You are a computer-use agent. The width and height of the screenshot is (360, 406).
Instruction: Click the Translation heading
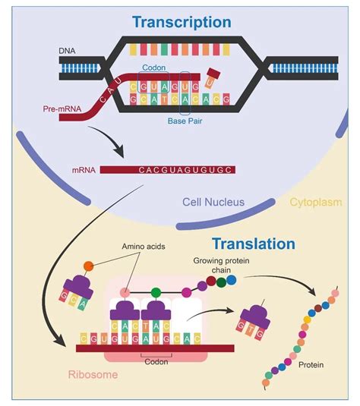pos(253,244)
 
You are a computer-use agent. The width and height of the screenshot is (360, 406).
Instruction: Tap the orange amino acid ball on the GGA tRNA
pos(88,266)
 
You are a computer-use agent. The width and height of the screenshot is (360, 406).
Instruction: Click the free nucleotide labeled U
pos(215,75)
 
